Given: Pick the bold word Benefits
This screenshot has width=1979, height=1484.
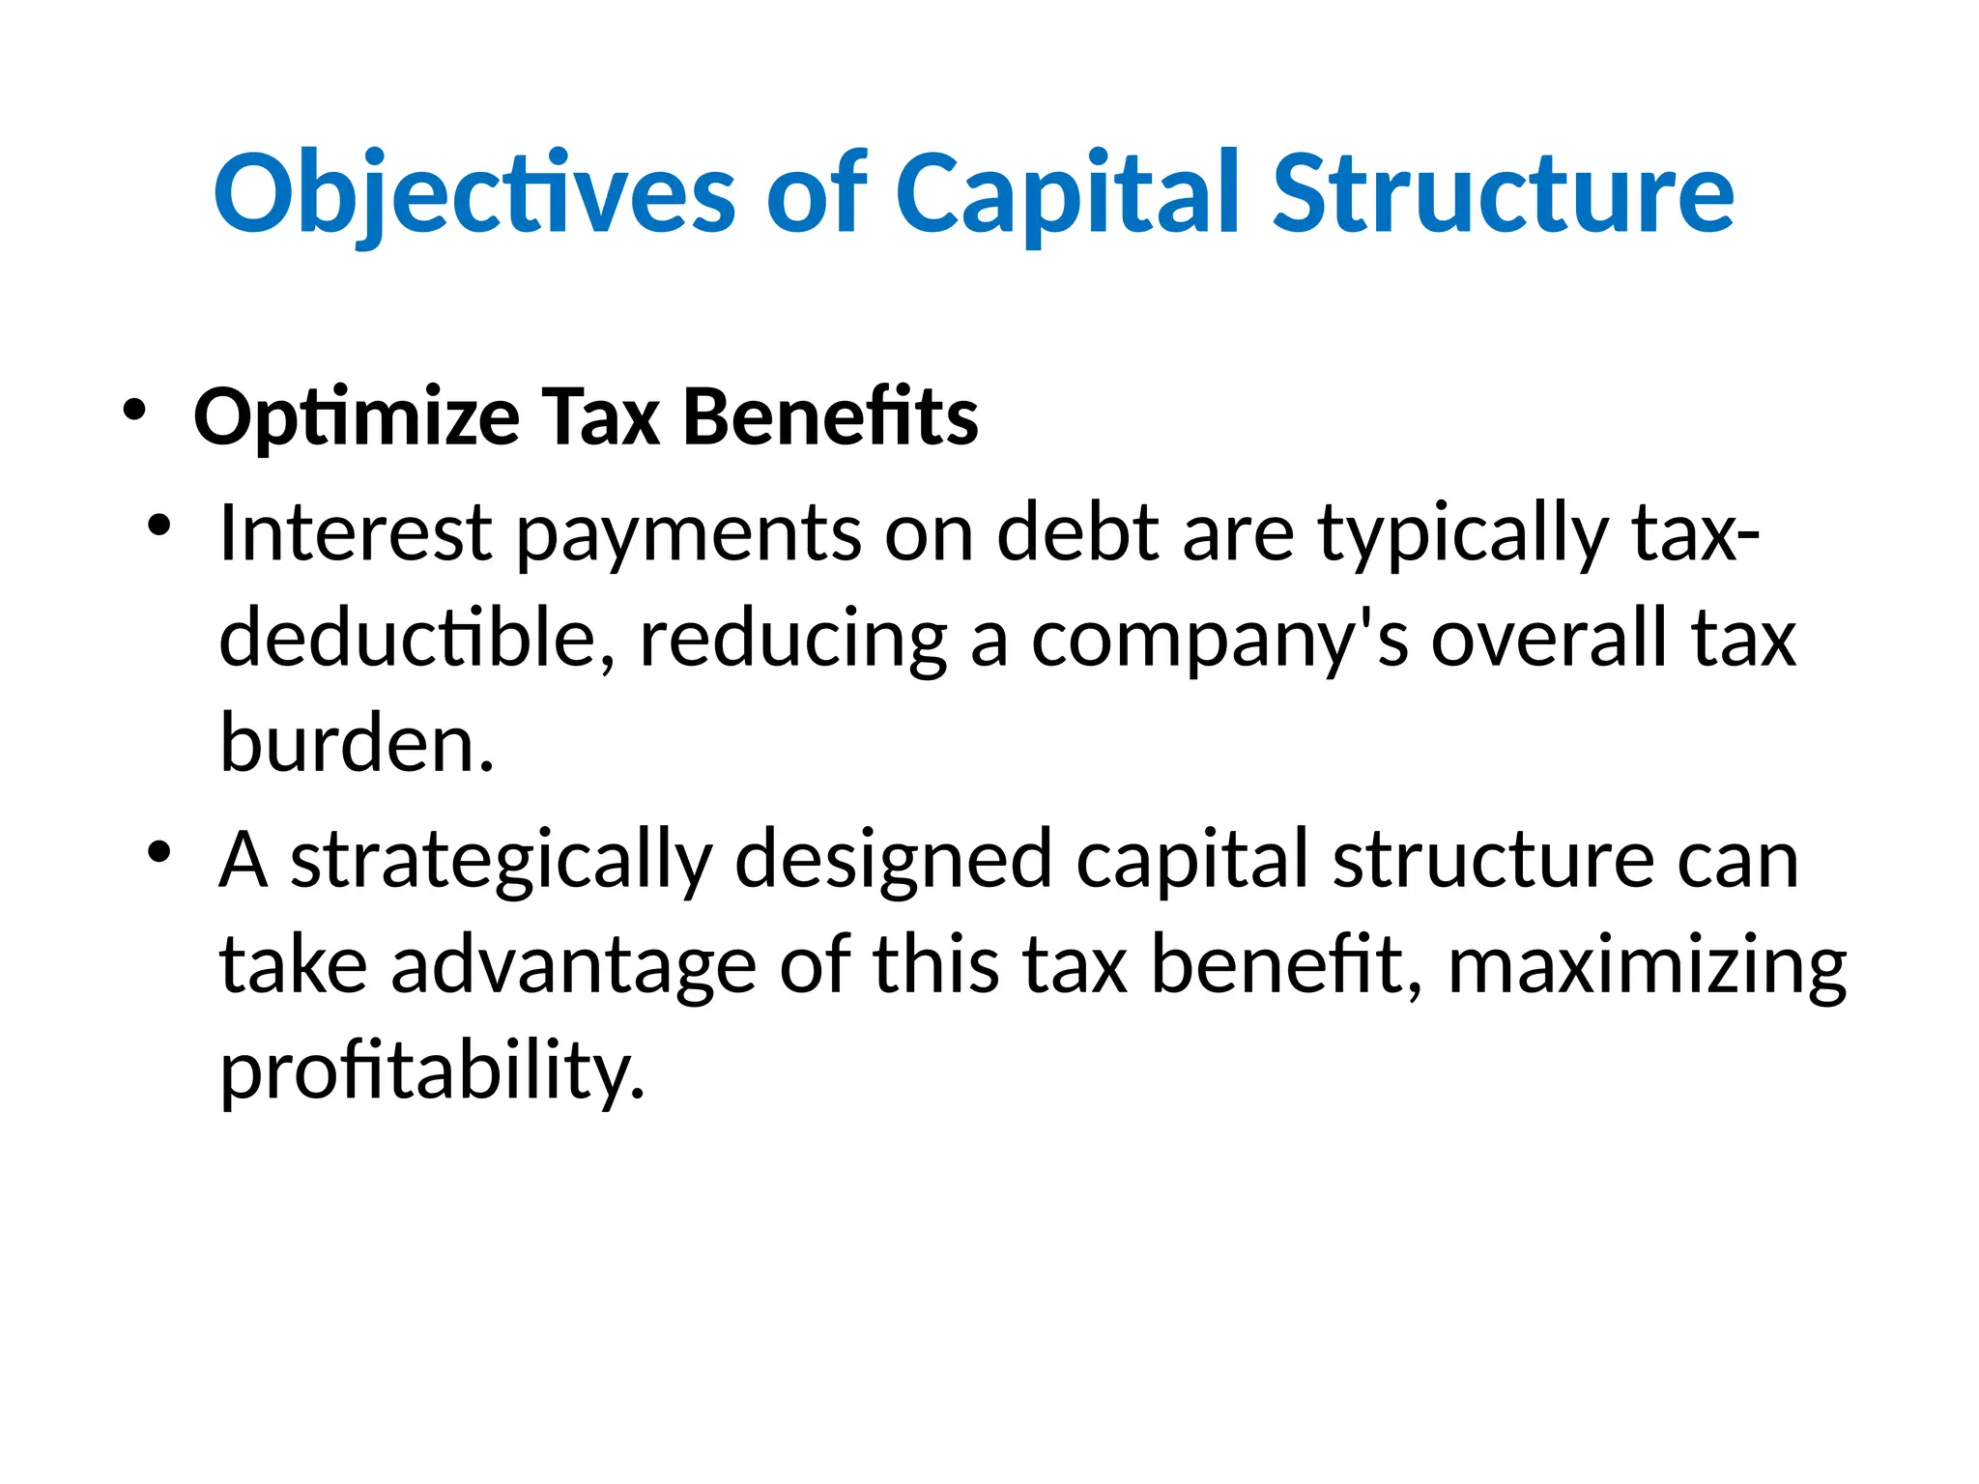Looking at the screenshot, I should pos(831,417).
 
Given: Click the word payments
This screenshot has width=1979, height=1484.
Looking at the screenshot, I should pos(688,534).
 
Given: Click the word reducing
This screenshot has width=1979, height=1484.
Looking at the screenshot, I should pos(793,641).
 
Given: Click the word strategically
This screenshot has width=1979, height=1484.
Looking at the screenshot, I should pos(501,861).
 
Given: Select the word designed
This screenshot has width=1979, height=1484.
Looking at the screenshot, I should pos(893,861).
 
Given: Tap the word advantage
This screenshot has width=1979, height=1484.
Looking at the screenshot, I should pos(573,967).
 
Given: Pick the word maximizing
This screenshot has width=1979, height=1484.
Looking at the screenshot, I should pos(1647,967).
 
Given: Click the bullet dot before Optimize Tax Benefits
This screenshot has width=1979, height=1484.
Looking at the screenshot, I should pos(134,411).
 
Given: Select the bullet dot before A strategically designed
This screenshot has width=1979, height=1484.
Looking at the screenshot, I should pos(159,853).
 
